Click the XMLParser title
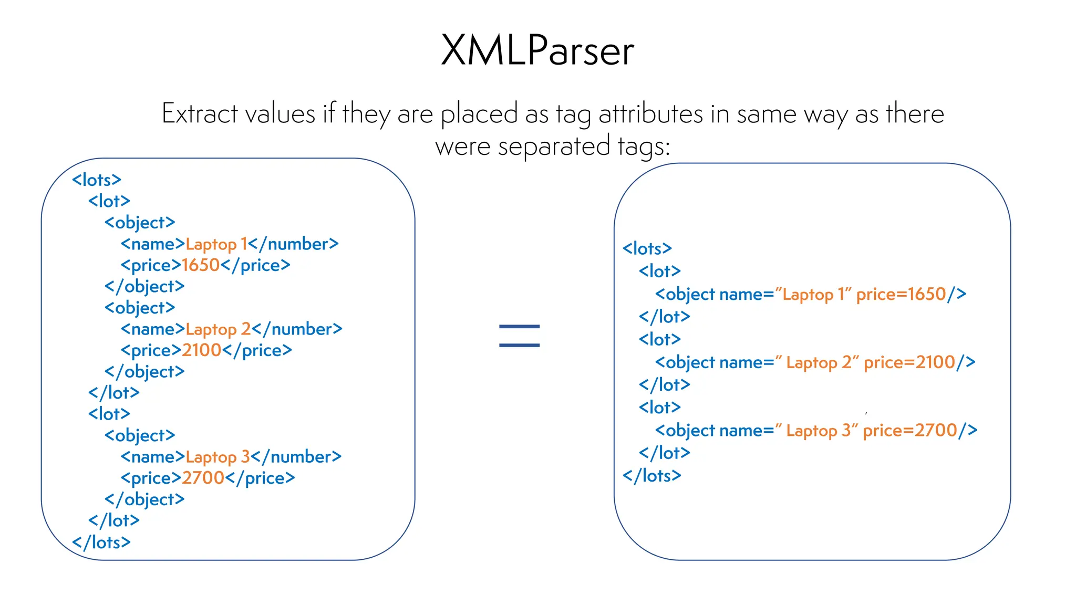click(537, 50)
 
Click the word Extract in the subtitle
click(200, 113)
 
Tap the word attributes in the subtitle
click(650, 113)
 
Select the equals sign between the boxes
click(519, 336)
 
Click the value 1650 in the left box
click(200, 265)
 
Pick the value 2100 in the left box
click(201, 350)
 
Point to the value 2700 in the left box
click(203, 478)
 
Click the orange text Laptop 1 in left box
click(216, 244)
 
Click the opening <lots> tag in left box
click(97, 180)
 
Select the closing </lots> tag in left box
click(101, 542)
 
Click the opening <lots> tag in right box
click(647, 248)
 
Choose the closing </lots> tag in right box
click(651, 476)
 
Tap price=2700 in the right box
click(909, 431)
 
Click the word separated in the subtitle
click(554, 147)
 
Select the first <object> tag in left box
click(140, 223)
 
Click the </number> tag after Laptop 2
click(297, 329)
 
